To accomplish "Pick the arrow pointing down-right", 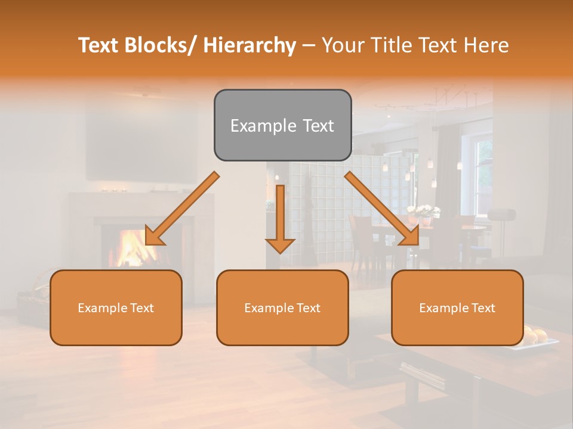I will tap(383, 209).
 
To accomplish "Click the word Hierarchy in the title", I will tap(249, 45).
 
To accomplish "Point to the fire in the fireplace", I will tap(131, 247).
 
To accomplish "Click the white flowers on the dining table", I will tap(424, 212).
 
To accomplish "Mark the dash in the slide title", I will tap(309, 45).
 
